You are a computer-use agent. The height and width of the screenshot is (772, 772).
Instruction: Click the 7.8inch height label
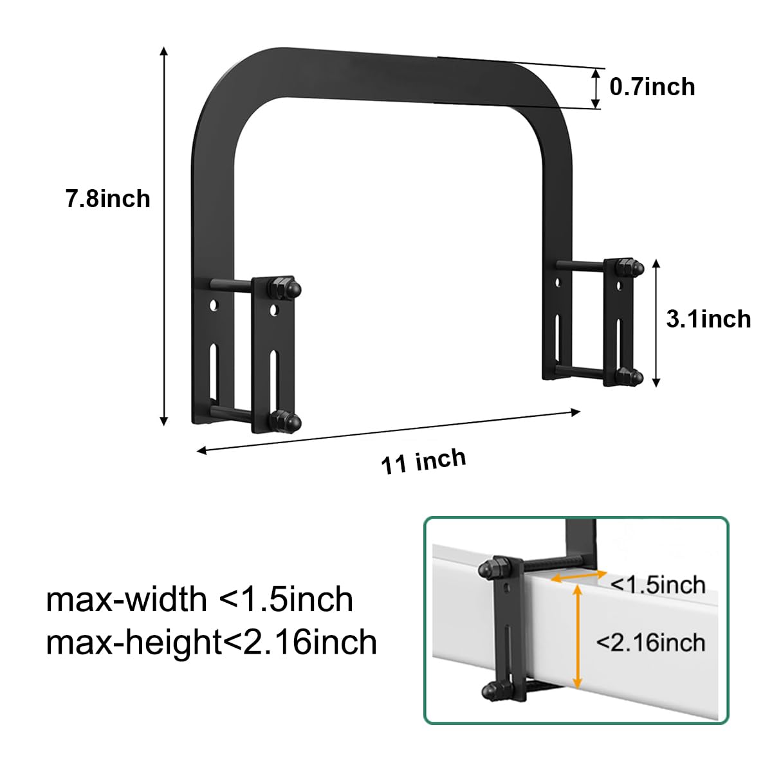point(107,199)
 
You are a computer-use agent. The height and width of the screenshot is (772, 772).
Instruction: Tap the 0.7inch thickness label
point(652,87)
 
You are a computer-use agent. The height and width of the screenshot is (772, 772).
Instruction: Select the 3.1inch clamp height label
point(708,319)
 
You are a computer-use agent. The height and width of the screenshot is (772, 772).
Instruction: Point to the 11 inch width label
point(424,461)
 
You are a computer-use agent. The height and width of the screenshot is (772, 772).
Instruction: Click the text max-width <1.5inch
point(199,600)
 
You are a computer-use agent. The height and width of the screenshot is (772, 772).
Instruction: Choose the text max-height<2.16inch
point(211,642)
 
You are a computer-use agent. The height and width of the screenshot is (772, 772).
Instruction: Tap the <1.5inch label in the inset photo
point(657,585)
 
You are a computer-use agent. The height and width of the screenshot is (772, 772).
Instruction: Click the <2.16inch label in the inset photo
point(650,642)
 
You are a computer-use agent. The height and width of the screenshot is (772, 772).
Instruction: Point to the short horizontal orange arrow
point(577,577)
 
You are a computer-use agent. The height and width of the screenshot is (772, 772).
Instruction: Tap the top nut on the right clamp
point(629,266)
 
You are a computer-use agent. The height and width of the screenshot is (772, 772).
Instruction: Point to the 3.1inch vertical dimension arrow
point(656,323)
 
